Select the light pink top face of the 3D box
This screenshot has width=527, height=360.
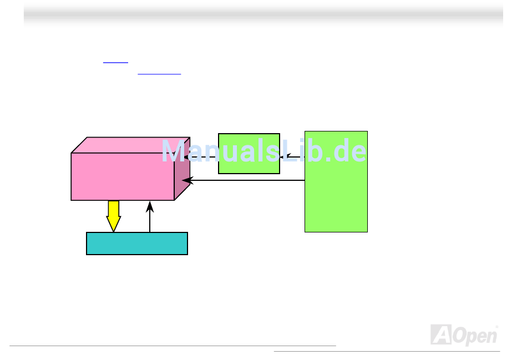click(x=131, y=145)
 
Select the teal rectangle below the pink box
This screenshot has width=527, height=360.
click(x=137, y=244)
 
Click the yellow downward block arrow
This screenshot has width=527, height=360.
click(x=114, y=216)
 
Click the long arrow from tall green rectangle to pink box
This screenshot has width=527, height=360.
click(x=244, y=180)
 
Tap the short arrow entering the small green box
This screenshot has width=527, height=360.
click(x=292, y=157)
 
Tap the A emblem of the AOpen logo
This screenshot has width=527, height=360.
click(x=439, y=334)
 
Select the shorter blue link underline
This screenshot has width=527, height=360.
click(x=115, y=62)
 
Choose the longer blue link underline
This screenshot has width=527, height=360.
click(x=159, y=74)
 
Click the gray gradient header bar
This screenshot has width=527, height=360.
click(x=263, y=14)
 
